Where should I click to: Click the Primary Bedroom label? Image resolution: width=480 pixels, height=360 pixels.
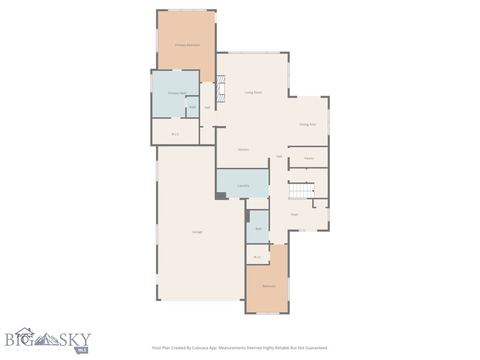(187, 45)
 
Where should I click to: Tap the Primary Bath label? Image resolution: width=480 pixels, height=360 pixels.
(177, 93)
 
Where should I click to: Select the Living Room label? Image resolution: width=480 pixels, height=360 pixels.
(253, 92)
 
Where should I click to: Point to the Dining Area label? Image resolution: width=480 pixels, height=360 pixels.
(307, 124)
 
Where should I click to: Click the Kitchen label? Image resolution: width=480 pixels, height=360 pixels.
(243, 150)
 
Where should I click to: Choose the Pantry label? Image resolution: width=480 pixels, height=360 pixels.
(309, 158)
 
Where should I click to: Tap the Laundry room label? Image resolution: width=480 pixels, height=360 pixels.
(243, 186)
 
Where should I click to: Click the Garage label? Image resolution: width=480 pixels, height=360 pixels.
(197, 232)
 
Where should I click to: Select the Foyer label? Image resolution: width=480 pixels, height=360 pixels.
(294, 215)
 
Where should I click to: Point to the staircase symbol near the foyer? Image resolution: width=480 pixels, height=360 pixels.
(301, 191)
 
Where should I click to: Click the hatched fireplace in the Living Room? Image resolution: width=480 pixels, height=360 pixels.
(220, 90)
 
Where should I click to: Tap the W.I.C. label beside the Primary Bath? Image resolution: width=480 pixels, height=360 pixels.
(175, 135)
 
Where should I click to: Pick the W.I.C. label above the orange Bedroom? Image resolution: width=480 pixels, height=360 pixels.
(257, 257)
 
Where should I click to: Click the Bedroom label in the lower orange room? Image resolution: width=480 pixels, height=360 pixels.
(269, 286)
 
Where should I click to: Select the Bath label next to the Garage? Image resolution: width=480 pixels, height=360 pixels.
(259, 229)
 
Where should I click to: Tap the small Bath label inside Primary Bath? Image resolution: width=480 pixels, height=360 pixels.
(193, 107)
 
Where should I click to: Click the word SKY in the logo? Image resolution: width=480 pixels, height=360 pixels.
(75, 339)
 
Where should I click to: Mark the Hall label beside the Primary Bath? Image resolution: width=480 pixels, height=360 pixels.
(207, 107)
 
